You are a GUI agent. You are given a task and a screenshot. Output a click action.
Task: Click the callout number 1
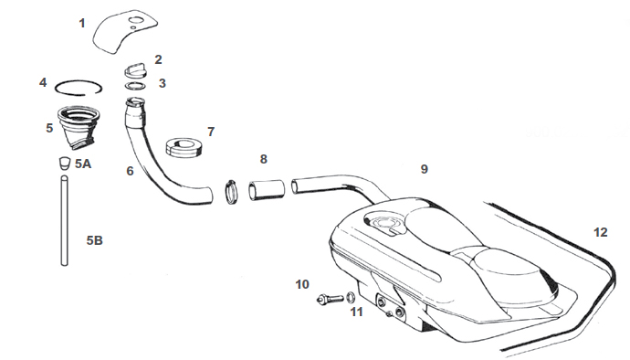[82, 22]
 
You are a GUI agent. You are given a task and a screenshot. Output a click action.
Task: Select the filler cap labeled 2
[135, 68]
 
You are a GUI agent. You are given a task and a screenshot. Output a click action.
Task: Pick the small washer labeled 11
[352, 298]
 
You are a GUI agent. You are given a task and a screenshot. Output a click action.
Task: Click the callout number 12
[599, 232]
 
